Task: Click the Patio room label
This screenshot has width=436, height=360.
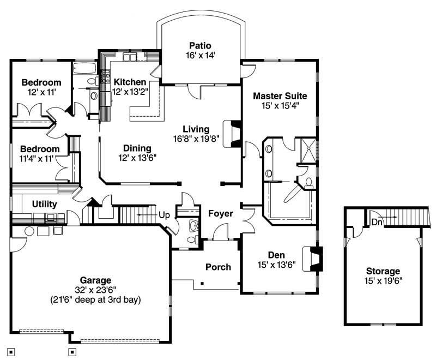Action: [x=200, y=45]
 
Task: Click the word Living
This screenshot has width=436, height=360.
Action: [x=196, y=129]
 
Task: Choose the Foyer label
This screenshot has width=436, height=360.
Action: [x=221, y=213]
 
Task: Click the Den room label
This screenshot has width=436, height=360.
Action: [x=276, y=255]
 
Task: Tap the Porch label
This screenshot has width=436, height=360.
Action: [x=218, y=267]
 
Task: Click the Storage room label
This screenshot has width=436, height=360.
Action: [x=383, y=271]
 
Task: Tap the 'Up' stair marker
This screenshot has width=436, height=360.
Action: [x=163, y=215]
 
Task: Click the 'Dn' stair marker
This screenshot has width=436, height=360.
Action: [x=377, y=222]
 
